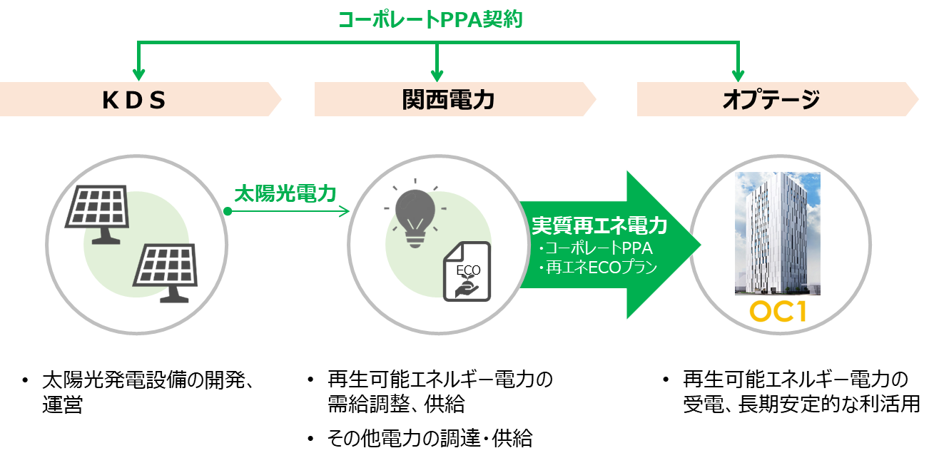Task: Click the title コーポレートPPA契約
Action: coord(430,19)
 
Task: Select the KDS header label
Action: coord(134,100)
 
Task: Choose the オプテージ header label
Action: coord(771,100)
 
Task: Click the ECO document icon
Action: coord(467,271)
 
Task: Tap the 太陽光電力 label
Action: coord(285,193)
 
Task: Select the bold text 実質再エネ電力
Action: coord(599,226)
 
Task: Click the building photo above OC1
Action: coord(778,233)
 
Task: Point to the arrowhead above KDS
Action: coord(138,75)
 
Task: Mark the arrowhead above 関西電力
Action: coord(437,75)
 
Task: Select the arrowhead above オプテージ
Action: coord(738,75)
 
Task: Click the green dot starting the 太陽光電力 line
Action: coord(228,211)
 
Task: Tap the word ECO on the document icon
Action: coord(468,270)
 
